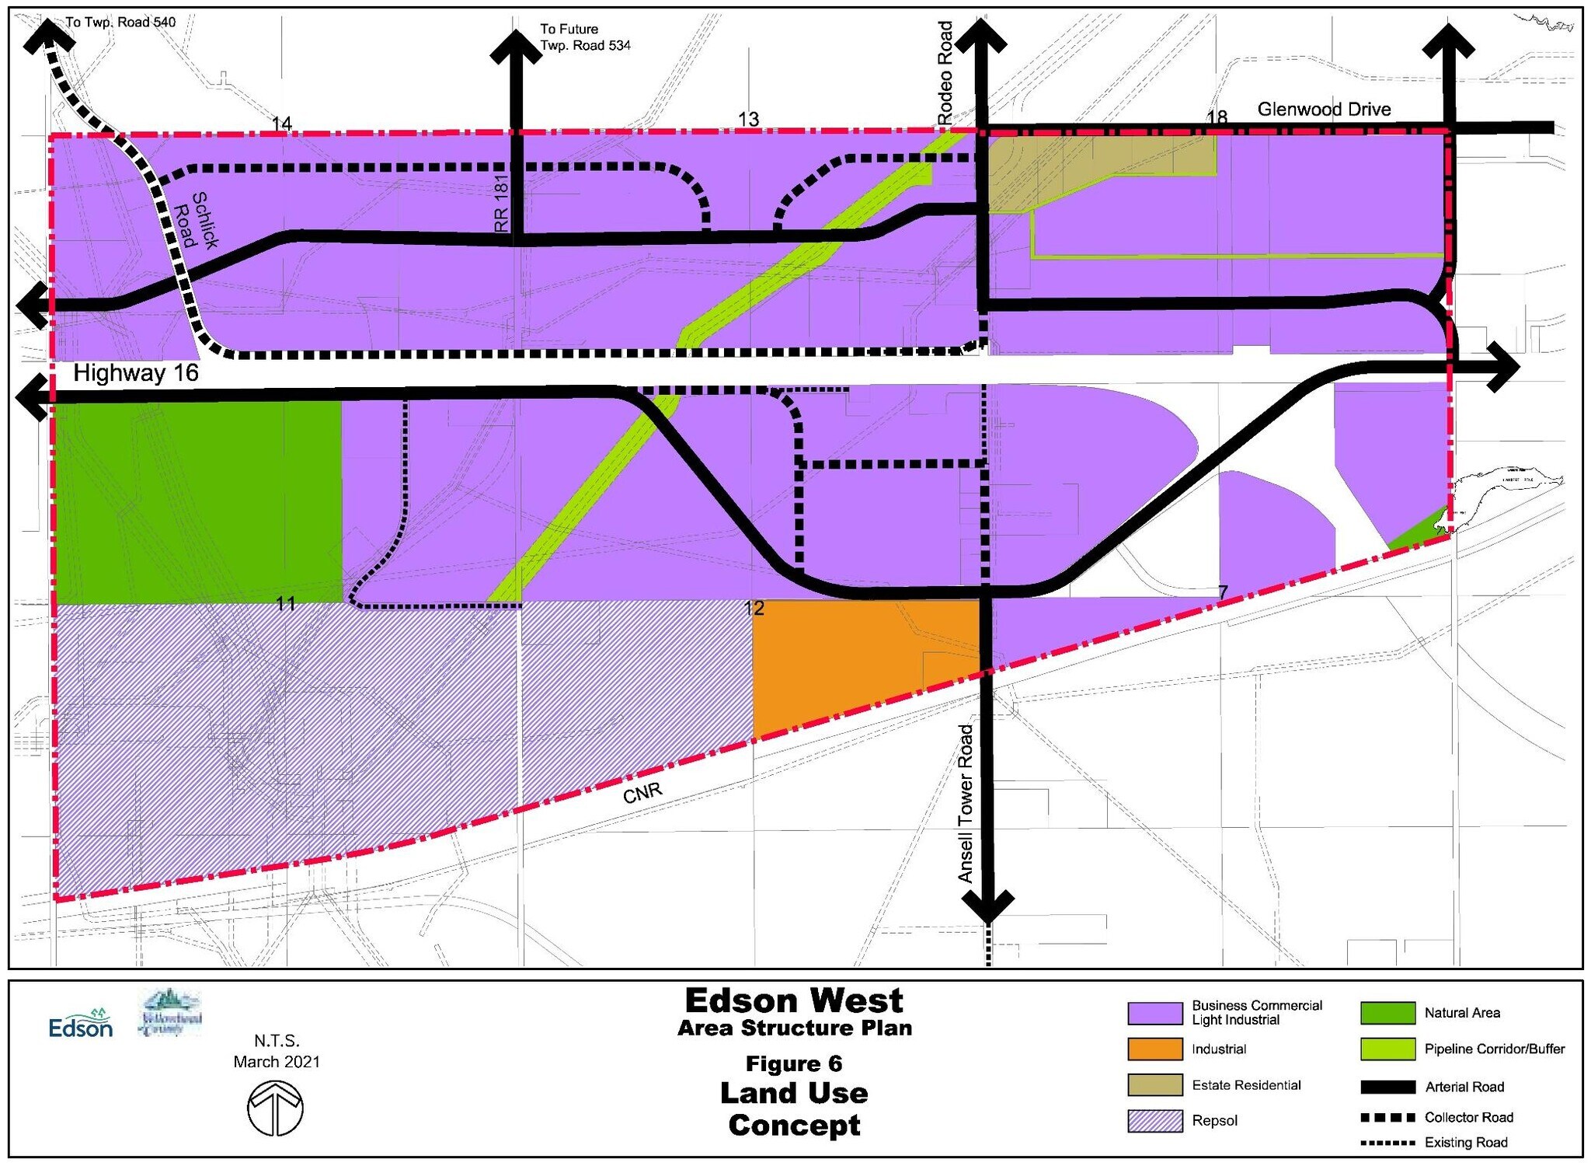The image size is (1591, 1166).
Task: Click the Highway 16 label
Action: pyautogui.click(x=136, y=374)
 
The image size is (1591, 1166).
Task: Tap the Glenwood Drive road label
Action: pyautogui.click(x=1324, y=110)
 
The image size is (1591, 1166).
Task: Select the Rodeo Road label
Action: pyautogui.click(x=945, y=73)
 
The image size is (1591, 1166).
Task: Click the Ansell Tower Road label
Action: pyautogui.click(x=966, y=804)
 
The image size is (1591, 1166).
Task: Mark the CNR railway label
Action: pyautogui.click(x=642, y=792)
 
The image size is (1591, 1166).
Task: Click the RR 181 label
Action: pyautogui.click(x=501, y=203)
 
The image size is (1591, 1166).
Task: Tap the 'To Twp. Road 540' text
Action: pyautogui.click(x=120, y=22)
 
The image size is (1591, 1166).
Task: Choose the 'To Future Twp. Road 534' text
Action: pyautogui.click(x=585, y=37)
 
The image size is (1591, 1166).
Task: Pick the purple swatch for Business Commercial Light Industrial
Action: pyautogui.click(x=1155, y=1013)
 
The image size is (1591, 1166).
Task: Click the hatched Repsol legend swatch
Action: pyautogui.click(x=1155, y=1121)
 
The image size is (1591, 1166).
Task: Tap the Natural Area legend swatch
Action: pyautogui.click(x=1387, y=1013)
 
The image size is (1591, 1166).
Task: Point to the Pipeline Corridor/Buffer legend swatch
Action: pyautogui.click(x=1387, y=1049)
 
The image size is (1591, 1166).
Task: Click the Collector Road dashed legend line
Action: pyautogui.click(x=1387, y=1118)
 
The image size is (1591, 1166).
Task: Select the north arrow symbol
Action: pyautogui.click(x=276, y=1108)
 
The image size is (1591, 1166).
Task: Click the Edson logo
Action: pyautogui.click(x=81, y=1025)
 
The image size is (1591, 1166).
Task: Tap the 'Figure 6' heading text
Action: pyautogui.click(x=794, y=1063)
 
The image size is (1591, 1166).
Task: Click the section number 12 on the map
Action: pyautogui.click(x=754, y=608)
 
